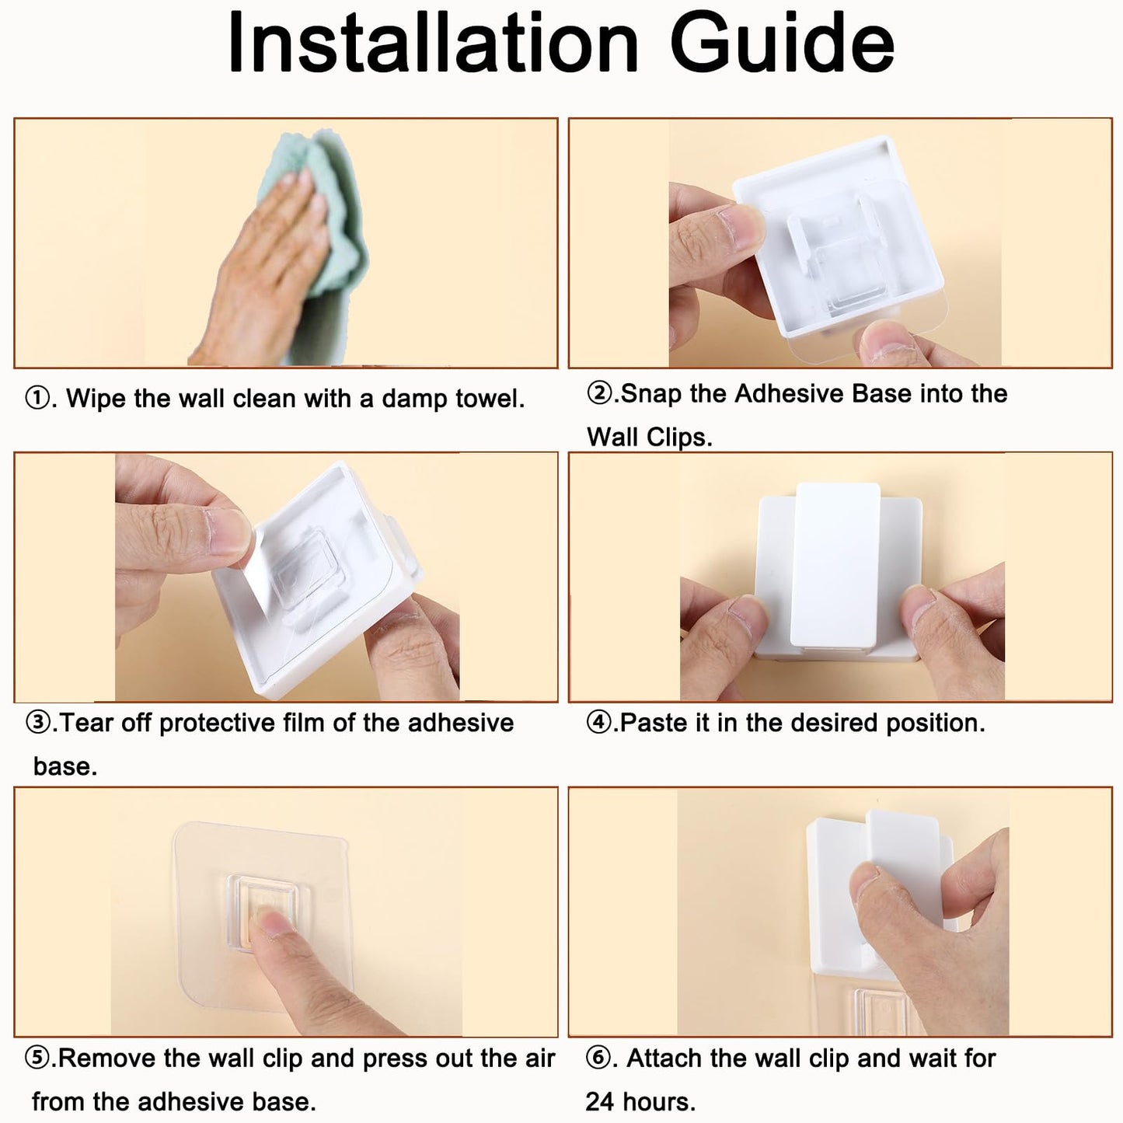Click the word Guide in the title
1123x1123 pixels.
pyautogui.click(x=782, y=43)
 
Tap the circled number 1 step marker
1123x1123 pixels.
pyautogui.click(x=38, y=399)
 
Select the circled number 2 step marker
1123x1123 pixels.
pyautogui.click(x=598, y=393)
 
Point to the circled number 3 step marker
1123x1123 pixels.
pyautogui.click(x=38, y=723)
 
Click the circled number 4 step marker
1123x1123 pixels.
pyautogui.click(x=598, y=723)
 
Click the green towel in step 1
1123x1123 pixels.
pyautogui.click(x=326, y=233)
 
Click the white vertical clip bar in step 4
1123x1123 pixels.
pyautogui.click(x=838, y=564)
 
